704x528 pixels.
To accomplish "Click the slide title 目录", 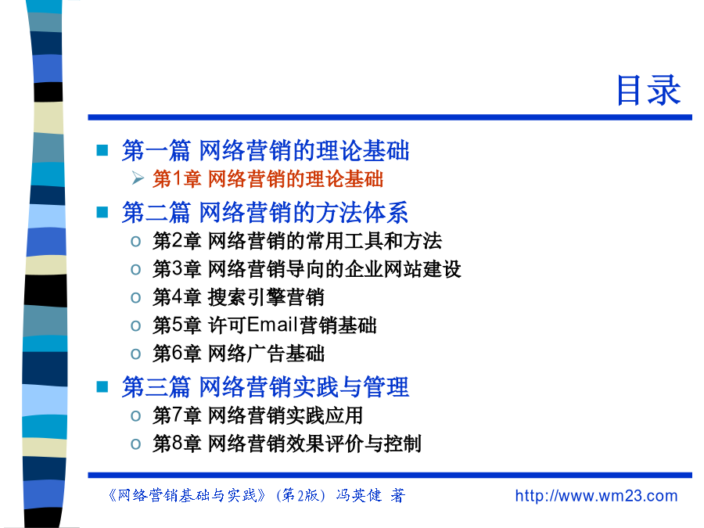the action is click(x=648, y=90).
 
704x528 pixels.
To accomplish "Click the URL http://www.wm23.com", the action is click(x=596, y=496).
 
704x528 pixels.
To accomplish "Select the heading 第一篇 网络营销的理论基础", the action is click(x=265, y=150).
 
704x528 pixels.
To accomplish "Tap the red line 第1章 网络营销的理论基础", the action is click(x=268, y=178).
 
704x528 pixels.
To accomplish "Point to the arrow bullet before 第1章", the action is click(x=138, y=178).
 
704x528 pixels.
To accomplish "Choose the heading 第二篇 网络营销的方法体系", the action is click(x=265, y=212).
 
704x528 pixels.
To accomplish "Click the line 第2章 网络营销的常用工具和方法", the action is click(x=297, y=241).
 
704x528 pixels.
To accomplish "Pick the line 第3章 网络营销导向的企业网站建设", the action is click(x=307, y=269).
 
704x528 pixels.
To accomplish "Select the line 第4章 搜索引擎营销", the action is click(x=238, y=297).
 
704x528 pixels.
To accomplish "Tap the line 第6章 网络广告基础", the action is click(x=238, y=354).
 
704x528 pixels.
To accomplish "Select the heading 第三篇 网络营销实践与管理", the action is click(x=265, y=387).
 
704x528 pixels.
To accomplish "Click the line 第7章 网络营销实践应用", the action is click(x=257, y=415).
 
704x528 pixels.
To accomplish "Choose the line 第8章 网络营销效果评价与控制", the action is click(x=287, y=444).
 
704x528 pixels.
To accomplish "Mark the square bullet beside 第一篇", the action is click(x=102, y=150).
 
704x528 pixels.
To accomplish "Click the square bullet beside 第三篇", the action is click(x=102, y=386).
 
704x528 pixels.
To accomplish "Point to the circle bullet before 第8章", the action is click(x=135, y=444).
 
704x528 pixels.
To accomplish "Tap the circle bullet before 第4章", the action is click(x=135, y=298).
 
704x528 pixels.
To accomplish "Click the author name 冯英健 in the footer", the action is click(x=359, y=495).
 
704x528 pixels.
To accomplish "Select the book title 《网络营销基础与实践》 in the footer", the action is click(x=187, y=495).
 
